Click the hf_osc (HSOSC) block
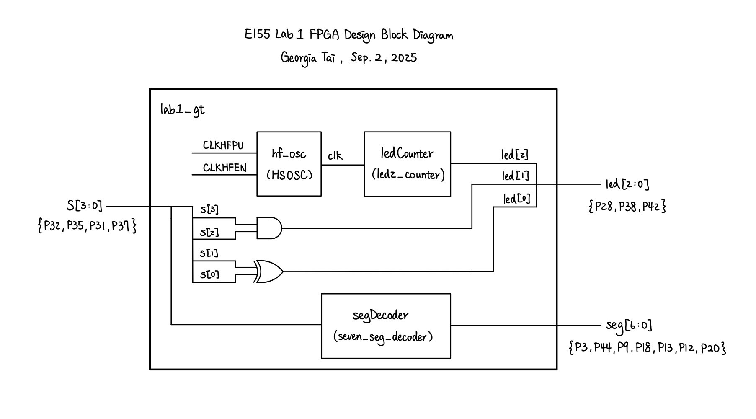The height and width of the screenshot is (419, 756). [x=289, y=164]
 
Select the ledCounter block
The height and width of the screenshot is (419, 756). [x=408, y=164]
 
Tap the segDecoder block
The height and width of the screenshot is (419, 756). [x=386, y=326]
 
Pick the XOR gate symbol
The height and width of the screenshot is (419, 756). [x=269, y=272]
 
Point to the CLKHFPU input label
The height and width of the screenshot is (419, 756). [x=223, y=145]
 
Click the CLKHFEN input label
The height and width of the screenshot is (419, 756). [x=224, y=168]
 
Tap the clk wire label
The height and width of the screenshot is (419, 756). [x=335, y=156]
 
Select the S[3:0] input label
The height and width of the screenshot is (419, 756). [x=85, y=206]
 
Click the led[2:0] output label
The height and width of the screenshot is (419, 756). [x=627, y=184]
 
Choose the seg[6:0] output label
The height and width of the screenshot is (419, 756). [x=629, y=325]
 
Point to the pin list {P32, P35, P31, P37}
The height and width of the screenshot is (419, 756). [x=87, y=227]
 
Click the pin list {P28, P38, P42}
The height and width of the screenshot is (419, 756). [x=627, y=207]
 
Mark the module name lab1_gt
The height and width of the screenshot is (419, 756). [x=182, y=110]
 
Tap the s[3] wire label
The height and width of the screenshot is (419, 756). [x=209, y=210]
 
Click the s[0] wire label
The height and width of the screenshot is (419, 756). [x=209, y=275]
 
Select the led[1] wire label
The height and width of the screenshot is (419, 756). [x=516, y=176]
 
